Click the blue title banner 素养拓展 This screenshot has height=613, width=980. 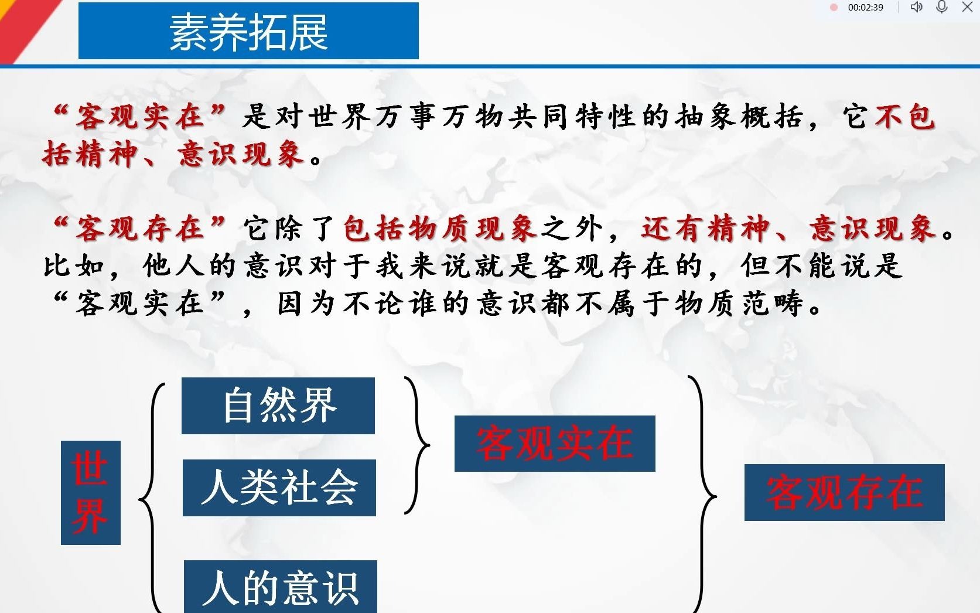[x=248, y=31]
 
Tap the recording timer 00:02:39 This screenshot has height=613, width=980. [x=865, y=8]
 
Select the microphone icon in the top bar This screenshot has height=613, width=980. [x=942, y=7]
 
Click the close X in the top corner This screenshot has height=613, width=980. [x=968, y=7]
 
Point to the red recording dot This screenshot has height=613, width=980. [x=834, y=8]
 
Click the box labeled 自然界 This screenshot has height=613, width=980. [x=278, y=406]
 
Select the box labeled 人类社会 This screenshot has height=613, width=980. [x=279, y=488]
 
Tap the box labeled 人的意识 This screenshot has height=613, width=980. [x=281, y=587]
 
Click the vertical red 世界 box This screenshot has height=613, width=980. [x=91, y=493]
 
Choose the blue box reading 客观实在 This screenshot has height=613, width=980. [x=555, y=444]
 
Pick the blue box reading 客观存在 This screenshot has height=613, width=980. [x=844, y=492]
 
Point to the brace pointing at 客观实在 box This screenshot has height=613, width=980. [x=419, y=445]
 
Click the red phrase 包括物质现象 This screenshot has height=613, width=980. [x=440, y=229]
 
